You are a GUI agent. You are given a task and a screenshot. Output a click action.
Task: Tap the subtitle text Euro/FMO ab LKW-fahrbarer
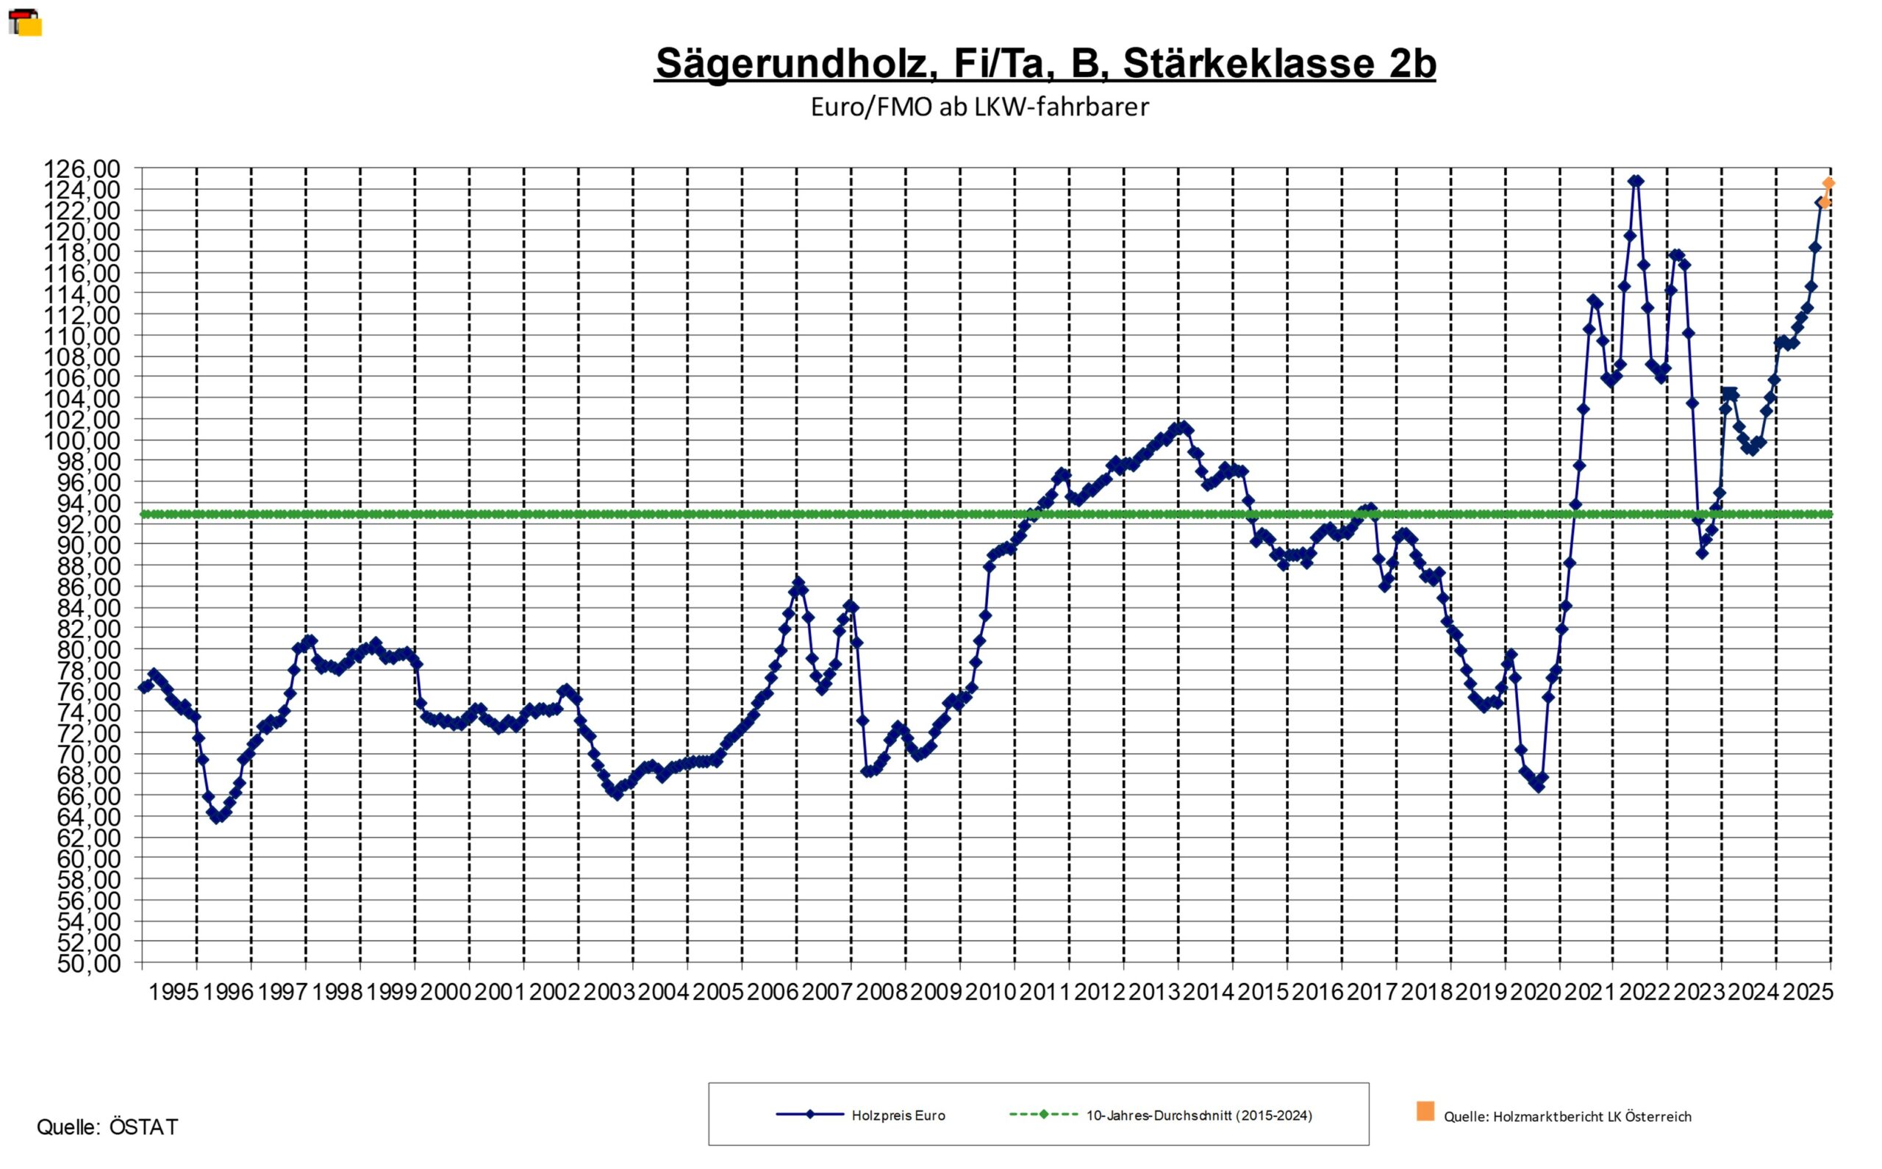[979, 107]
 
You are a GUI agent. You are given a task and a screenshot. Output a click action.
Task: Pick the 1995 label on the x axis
[174, 992]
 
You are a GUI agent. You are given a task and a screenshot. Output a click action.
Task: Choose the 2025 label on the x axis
[1808, 992]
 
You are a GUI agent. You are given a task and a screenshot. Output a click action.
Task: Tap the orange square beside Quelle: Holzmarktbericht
[1425, 1111]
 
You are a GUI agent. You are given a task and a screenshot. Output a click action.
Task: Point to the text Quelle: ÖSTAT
[107, 1127]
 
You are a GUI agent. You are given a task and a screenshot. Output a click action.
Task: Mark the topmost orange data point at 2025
[1828, 183]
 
